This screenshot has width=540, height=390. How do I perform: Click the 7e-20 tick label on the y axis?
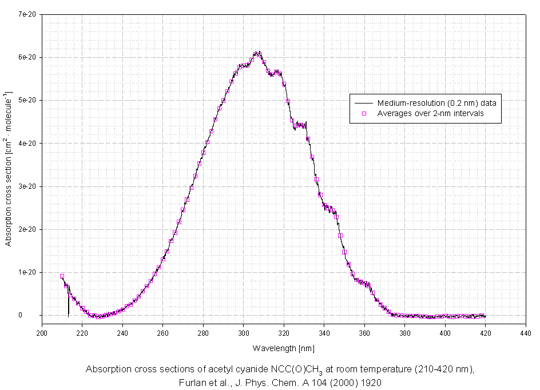(x=27, y=14)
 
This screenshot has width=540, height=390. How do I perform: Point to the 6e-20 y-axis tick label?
(x=27, y=57)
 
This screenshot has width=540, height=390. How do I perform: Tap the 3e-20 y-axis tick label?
(x=27, y=186)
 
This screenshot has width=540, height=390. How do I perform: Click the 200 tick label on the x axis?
(x=42, y=332)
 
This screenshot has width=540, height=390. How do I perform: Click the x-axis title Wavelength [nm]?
(x=283, y=348)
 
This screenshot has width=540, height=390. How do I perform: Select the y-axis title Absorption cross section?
(x=9, y=169)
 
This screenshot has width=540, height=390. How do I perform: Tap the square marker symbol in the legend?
(x=364, y=113)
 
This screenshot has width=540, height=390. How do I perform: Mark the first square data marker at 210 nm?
(x=62, y=276)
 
